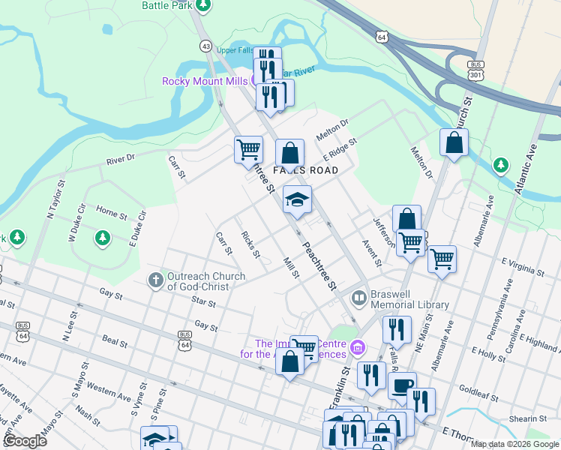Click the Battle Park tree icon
click(x=202, y=4)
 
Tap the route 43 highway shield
click(x=205, y=46)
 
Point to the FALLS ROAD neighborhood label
click(x=305, y=170)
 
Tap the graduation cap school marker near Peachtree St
click(x=297, y=200)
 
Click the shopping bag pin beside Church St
click(x=454, y=142)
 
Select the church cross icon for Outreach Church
click(x=155, y=280)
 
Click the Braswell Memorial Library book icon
click(x=359, y=298)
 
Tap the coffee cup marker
click(x=402, y=385)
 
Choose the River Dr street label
click(x=120, y=160)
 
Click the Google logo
click(x=25, y=441)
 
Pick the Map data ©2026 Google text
click(x=514, y=444)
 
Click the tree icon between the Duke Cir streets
click(x=102, y=238)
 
